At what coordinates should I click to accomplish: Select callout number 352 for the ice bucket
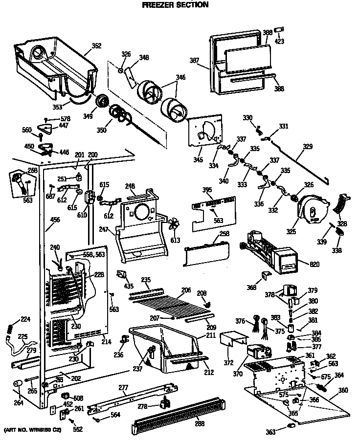pyautogui.click(x=96, y=46)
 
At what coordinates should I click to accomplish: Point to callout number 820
pyautogui.click(x=315, y=265)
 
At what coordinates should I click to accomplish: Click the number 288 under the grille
pyautogui.click(x=200, y=423)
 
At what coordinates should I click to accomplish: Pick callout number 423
pyautogui.click(x=279, y=41)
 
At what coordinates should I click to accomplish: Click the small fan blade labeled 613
pyautogui.click(x=173, y=226)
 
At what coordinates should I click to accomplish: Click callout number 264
pyautogui.click(x=19, y=403)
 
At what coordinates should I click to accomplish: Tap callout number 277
pyautogui.click(x=123, y=388)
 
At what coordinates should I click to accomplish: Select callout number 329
pyautogui.click(x=307, y=146)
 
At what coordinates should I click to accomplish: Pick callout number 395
pyautogui.click(x=207, y=190)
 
